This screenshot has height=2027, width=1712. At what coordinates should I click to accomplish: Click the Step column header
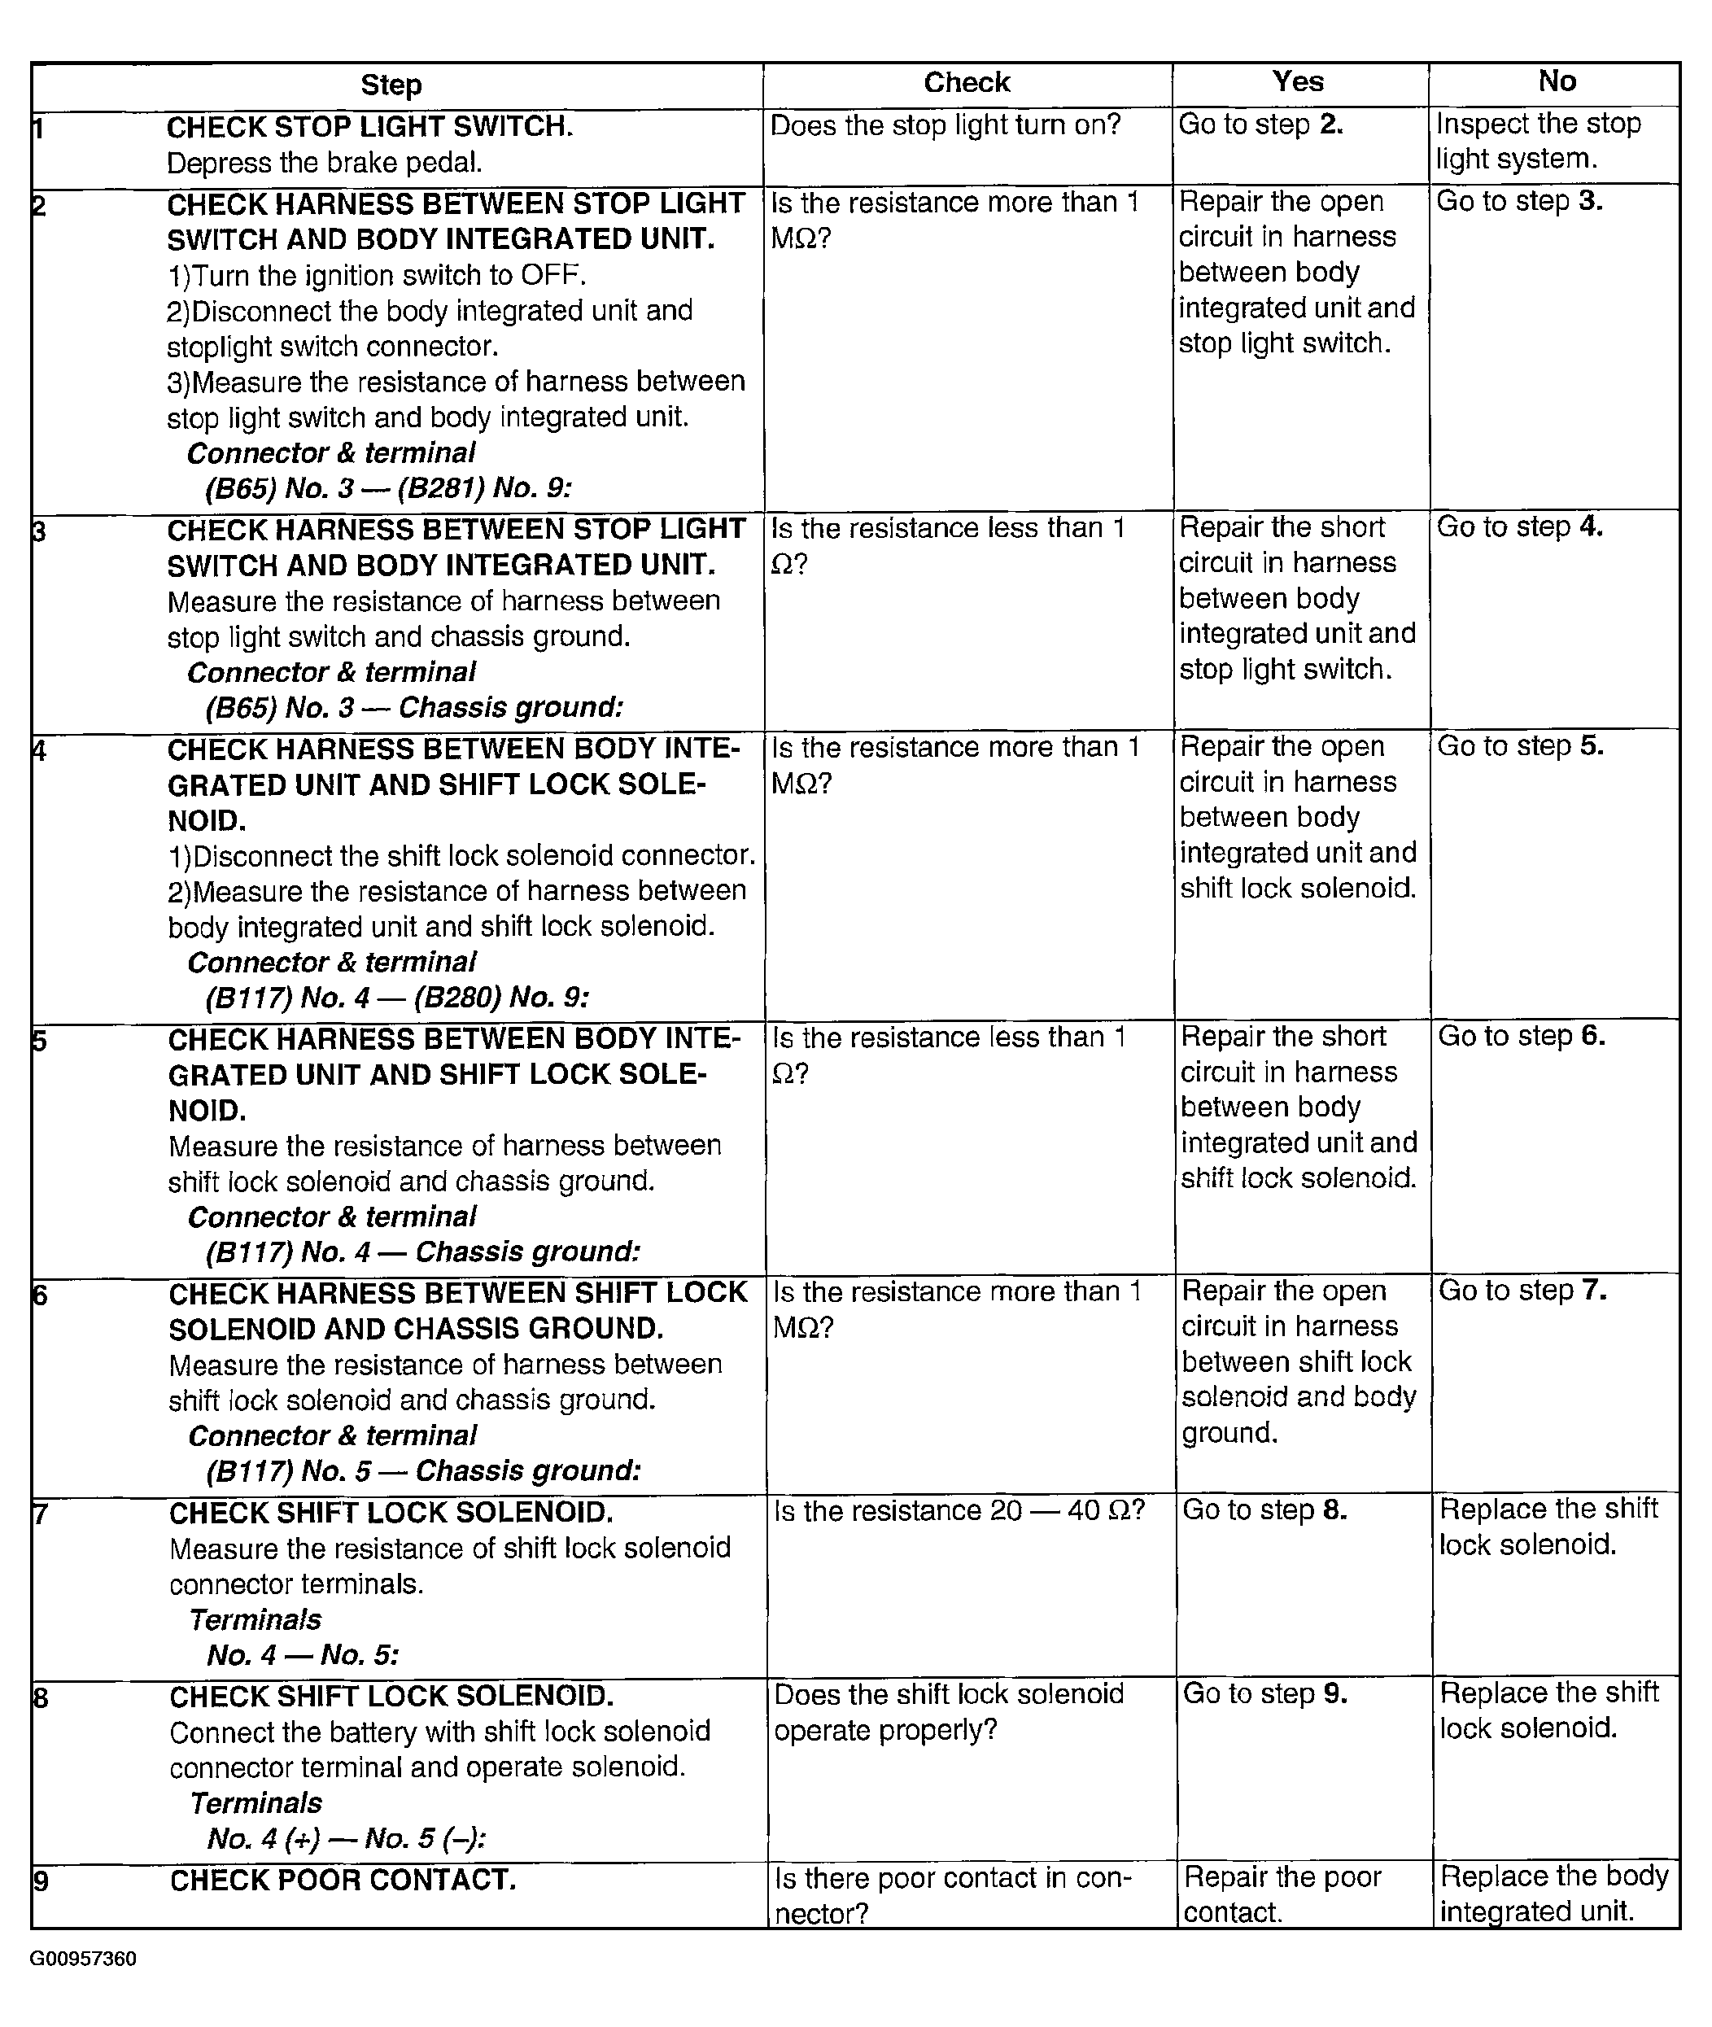coord(391,85)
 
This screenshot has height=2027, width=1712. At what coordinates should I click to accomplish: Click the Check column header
coord(967,84)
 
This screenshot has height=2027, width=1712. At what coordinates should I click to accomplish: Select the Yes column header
coord(1298,82)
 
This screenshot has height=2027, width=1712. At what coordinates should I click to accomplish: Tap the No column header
coord(1557,81)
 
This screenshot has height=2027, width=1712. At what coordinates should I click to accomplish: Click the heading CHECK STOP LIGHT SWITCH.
coord(369,127)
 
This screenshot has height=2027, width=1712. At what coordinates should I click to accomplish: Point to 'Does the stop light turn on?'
coord(946,125)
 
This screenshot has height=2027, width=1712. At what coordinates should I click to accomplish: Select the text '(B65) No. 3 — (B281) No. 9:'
coord(388,488)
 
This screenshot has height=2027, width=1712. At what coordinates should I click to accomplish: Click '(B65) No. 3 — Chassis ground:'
coord(413,707)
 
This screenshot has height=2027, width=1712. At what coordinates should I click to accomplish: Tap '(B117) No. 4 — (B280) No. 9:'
coord(397,998)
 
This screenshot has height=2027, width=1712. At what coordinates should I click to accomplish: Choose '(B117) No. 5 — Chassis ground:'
coord(423,1471)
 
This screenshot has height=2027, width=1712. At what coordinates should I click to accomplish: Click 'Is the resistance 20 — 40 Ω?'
coord(959,1511)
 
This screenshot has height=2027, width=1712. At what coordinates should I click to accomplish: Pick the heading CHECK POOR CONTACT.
coord(343,1881)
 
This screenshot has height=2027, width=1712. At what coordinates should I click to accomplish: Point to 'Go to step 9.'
coord(1264,1693)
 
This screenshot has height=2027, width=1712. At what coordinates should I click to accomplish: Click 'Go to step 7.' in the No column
coord(1522,1291)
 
